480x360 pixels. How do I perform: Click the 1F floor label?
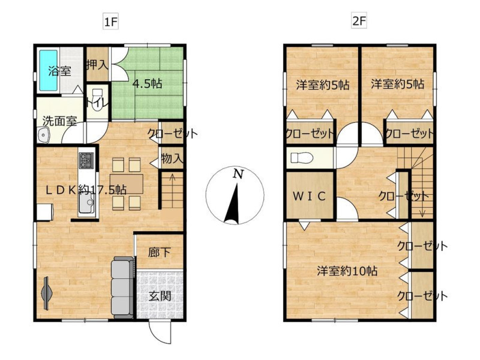coord(111,22)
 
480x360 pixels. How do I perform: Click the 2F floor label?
coord(359,22)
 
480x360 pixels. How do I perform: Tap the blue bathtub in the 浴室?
coord(49,70)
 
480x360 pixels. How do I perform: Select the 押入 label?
coord(97,65)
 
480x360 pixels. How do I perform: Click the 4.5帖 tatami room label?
coord(147,84)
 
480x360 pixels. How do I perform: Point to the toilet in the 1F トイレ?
coord(98,100)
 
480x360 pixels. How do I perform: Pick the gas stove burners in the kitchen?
coord(86,160)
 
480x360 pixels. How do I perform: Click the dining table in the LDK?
coord(127,184)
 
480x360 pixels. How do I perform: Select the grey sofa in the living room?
coord(123,288)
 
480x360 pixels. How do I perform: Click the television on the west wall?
coord(47,293)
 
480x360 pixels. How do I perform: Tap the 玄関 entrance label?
coord(160,296)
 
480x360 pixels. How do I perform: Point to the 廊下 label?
coord(159,253)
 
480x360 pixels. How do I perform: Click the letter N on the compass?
coord(238,174)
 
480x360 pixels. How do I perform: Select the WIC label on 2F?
coord(309,196)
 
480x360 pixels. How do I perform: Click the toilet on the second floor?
coord(302,158)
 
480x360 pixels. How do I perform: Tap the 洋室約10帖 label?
coord(347,271)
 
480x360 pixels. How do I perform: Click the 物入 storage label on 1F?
coord(172,158)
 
